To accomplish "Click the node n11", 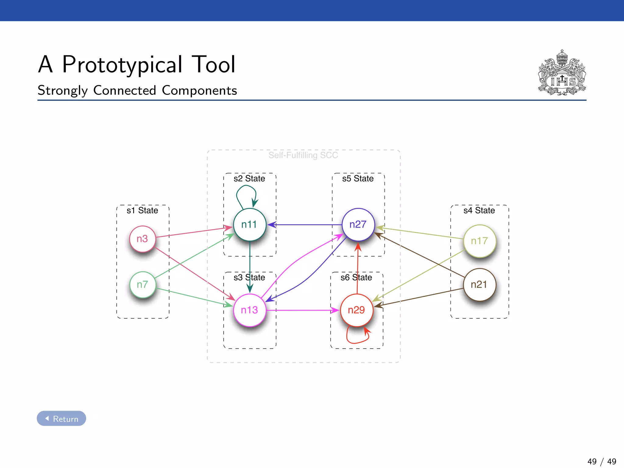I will coord(250,225).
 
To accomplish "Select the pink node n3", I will coord(142,239).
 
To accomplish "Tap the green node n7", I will coord(142,284).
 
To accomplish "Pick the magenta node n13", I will coord(250,310).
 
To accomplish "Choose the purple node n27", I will coord(358,224).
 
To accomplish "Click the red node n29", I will coord(356,310).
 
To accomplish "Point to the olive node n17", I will coord(479,241).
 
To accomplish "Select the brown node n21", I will coord(479,284).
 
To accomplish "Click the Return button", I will coord(62,419).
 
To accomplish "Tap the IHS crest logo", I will coord(562,73).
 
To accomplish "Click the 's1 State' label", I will coord(142,210).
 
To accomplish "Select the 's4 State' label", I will coord(479,210).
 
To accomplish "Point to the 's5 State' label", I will coord(358,178).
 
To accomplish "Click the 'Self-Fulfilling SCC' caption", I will coord(303,155).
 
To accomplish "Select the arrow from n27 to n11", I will coord(305,225).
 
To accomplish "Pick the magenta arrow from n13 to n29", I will coord(302,310).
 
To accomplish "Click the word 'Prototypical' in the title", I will coord(122,65).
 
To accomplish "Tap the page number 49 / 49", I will coord(602,461).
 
